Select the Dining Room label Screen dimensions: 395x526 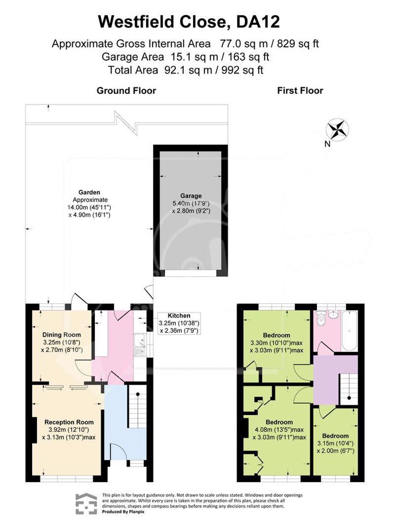(61, 335)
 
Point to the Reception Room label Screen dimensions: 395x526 (69, 422)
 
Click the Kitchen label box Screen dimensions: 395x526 (179, 323)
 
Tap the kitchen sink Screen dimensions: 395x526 (140, 345)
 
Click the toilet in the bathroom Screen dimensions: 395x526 (321, 319)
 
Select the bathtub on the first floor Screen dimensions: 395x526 (349, 330)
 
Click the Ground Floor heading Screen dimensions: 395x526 (126, 90)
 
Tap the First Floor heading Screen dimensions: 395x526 (300, 90)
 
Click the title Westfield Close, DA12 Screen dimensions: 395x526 (189, 22)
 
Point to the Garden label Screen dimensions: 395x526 (89, 192)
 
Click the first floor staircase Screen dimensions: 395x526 (349, 389)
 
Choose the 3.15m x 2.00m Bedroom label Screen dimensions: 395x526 (335, 443)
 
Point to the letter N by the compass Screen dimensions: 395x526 (327, 144)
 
